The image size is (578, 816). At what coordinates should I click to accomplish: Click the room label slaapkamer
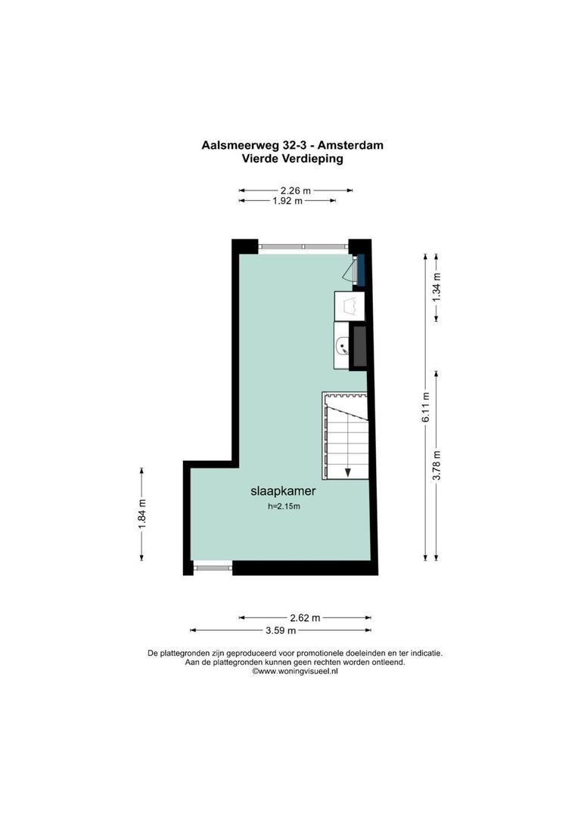282,490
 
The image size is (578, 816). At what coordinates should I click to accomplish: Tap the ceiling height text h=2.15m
284,507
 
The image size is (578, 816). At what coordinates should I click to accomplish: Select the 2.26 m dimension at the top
295,190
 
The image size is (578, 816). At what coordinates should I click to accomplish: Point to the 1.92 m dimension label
287,201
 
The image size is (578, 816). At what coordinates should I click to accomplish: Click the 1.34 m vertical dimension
436,288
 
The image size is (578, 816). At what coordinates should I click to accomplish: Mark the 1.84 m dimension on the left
141,514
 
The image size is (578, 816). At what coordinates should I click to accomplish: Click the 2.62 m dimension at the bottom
306,617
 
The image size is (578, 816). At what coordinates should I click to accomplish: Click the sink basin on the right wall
343,348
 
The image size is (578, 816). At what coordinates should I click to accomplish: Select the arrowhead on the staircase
347,472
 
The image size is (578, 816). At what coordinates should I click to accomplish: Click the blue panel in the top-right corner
361,270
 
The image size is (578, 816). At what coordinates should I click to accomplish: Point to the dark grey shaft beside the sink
360,346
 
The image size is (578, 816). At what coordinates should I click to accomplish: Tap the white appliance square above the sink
350,307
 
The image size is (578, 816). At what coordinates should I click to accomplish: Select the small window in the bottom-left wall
212,565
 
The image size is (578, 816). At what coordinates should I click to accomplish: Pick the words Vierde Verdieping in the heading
292,159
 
